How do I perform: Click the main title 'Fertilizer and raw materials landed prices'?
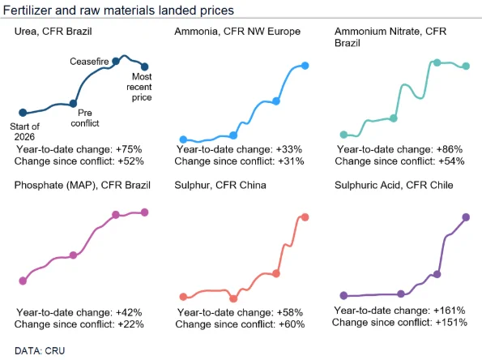[x=118, y=11]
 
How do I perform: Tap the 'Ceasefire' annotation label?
[x=89, y=62]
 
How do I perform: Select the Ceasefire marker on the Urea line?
[x=116, y=62]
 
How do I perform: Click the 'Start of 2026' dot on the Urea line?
[x=23, y=113]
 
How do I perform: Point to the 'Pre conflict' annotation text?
[x=85, y=118]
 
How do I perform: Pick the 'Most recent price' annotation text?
[x=139, y=87]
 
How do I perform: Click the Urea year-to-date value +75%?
[x=129, y=149]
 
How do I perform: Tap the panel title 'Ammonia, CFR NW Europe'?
[x=237, y=32]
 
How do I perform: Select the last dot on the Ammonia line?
[x=305, y=66]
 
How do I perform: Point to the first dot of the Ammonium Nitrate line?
[x=343, y=135]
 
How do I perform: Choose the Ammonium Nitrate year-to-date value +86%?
[x=450, y=149]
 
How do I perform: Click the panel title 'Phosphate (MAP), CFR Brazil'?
[x=83, y=185]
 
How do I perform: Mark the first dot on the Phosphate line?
[x=23, y=281]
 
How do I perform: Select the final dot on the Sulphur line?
[x=305, y=217]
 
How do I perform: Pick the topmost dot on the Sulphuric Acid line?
[x=466, y=217]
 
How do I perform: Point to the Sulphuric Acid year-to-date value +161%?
[x=449, y=311]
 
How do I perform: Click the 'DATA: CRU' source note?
[x=40, y=351]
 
